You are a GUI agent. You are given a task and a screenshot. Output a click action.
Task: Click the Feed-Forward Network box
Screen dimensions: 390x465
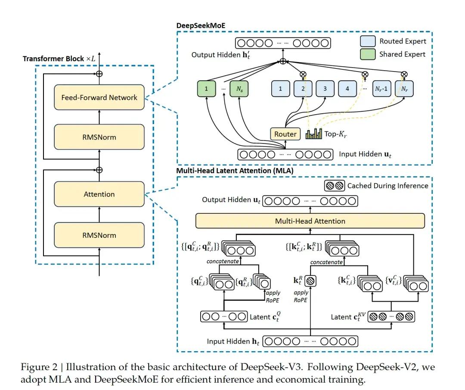click(x=99, y=97)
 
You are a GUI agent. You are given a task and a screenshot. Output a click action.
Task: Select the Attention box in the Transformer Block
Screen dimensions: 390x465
click(x=99, y=194)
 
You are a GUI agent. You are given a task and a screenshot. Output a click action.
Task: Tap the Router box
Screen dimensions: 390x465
click(x=285, y=134)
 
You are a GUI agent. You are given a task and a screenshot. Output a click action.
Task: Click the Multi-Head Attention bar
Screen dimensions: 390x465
click(x=310, y=221)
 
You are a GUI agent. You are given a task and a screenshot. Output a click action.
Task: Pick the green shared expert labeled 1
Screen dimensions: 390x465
click(x=207, y=89)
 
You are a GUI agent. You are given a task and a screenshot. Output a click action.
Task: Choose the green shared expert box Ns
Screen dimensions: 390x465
click(x=239, y=89)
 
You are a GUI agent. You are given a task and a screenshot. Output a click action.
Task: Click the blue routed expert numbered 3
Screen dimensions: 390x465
click(x=325, y=89)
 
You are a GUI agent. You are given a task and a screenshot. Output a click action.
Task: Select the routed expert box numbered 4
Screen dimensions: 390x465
click(x=347, y=89)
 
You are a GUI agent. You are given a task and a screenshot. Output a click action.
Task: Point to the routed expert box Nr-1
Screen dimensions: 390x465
click(x=381, y=89)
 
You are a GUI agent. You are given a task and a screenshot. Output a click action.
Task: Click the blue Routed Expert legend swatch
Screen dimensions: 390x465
click(x=368, y=41)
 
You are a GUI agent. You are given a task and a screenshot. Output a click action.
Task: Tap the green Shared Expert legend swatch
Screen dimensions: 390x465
click(x=368, y=54)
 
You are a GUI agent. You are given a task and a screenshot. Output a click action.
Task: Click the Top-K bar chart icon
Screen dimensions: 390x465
click(x=313, y=134)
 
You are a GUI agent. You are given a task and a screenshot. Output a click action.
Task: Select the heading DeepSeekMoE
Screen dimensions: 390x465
click(x=201, y=25)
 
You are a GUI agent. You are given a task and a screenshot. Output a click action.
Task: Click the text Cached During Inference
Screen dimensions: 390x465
click(x=387, y=186)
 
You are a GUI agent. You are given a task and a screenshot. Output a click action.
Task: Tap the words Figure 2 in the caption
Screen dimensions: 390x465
click(x=37, y=367)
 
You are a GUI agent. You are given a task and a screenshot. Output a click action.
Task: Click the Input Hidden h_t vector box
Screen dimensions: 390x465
click(x=310, y=341)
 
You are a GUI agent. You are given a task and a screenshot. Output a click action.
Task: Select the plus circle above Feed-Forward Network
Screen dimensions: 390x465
click(x=99, y=73)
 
